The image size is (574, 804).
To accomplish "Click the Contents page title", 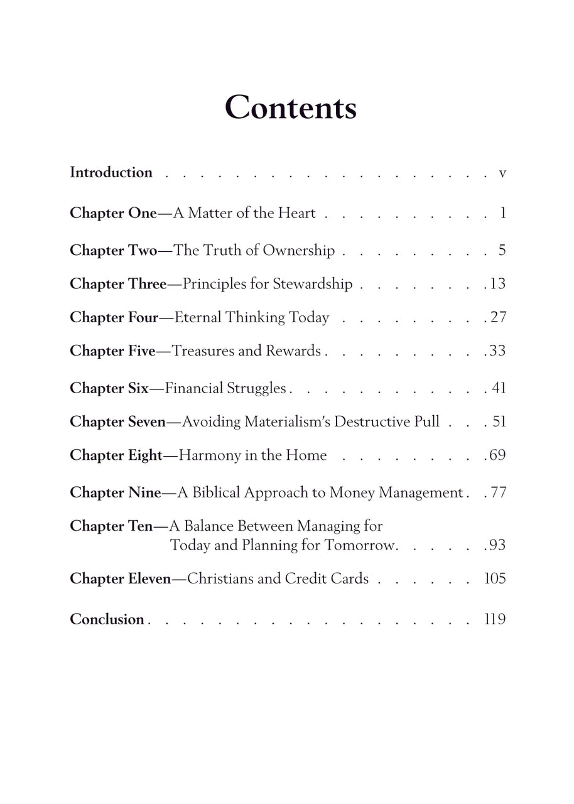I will (290, 107).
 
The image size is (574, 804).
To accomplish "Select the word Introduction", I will (111, 173).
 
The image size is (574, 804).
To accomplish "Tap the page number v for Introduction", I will (502, 173).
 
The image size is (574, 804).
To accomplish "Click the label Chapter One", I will (113, 214).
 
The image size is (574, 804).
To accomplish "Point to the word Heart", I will (295, 214).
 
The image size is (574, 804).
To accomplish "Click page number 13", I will (497, 284).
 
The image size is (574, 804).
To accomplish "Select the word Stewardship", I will (312, 285).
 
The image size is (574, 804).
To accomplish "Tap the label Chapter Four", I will (114, 318).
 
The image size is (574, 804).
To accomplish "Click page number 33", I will (497, 350).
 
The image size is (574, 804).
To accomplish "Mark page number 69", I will (497, 455).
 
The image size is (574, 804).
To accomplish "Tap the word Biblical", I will (215, 493).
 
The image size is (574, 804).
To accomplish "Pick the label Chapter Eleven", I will (120, 579).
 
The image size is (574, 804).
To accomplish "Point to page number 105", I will (495, 579).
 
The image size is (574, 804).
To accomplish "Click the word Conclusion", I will (107, 619).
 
